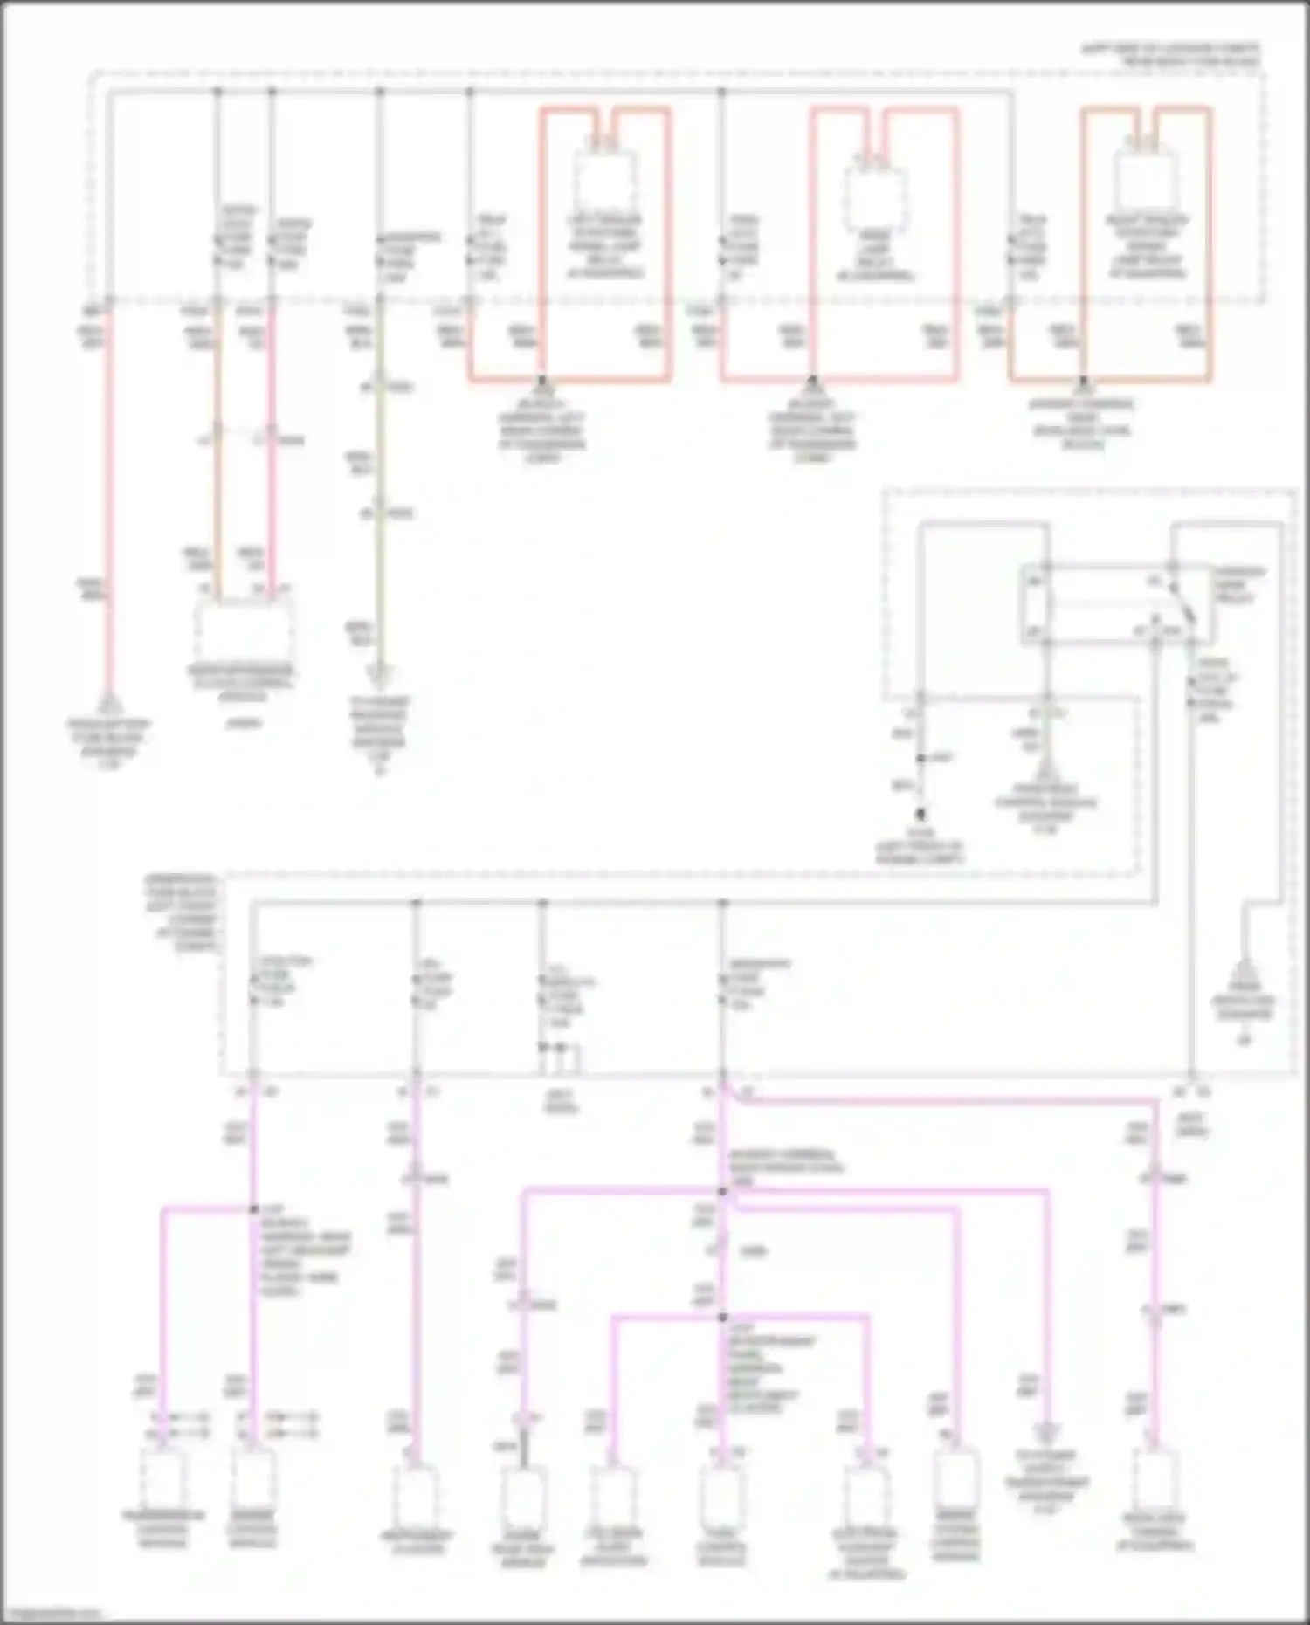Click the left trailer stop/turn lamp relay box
click(x=605, y=179)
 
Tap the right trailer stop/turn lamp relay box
click(x=1146, y=179)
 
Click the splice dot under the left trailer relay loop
click(x=541, y=382)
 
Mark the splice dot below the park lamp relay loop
click(x=812, y=382)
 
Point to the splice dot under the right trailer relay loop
click(x=1083, y=382)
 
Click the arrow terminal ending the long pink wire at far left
click(x=108, y=704)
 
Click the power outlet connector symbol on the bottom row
click(x=1045, y=1432)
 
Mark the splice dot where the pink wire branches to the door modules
click(x=254, y=1209)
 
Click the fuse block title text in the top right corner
click(x=1170, y=54)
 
